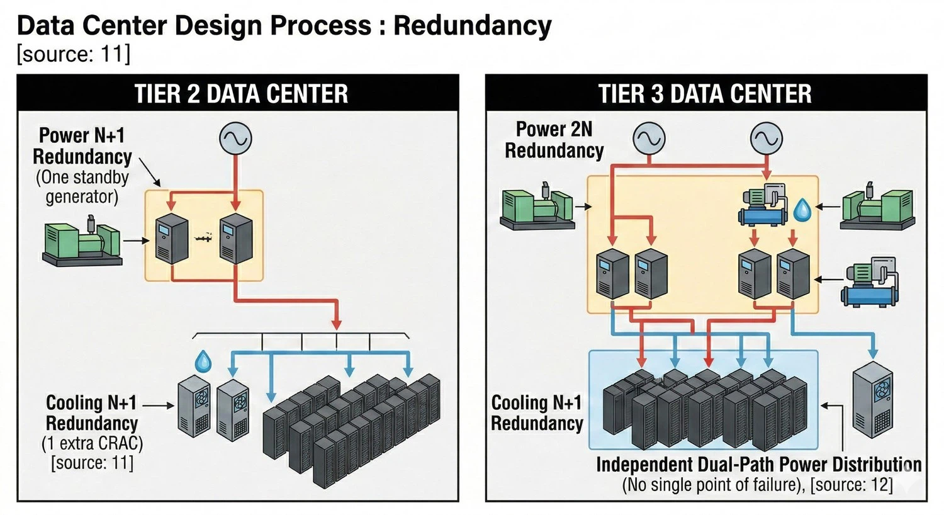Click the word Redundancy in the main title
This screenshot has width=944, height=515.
click(x=472, y=26)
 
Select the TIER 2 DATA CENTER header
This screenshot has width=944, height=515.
click(x=241, y=94)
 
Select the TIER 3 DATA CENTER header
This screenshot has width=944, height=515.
click(x=705, y=94)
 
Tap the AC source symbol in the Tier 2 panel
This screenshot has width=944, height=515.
click(x=235, y=139)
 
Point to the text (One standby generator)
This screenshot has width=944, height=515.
click(x=82, y=187)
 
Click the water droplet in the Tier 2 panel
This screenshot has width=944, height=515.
click(x=203, y=361)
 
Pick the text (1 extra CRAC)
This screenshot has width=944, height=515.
click(x=93, y=443)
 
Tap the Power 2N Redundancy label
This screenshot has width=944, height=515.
click(x=554, y=140)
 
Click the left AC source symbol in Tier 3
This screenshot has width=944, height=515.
click(x=649, y=138)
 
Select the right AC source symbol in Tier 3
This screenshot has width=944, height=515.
click(x=767, y=138)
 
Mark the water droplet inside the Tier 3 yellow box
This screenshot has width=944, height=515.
click(x=802, y=210)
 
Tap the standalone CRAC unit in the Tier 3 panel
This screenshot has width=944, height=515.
click(x=872, y=400)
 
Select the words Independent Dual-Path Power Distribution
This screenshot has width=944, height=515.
click(x=758, y=465)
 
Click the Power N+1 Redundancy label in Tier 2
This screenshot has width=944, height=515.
click(x=82, y=146)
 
